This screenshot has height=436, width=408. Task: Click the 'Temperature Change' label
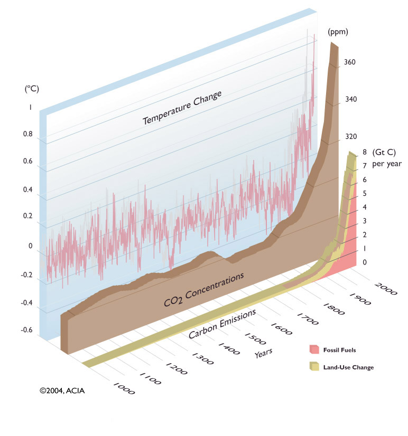pos(182,108)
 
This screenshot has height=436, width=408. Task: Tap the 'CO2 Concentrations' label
pos(203,290)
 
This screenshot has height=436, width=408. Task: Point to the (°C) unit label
pos(32,89)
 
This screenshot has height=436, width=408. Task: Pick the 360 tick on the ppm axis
pos(350,62)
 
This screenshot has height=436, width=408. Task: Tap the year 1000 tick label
pos(125,389)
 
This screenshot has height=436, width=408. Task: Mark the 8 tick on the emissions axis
pos(364,153)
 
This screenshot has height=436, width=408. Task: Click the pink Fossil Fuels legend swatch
pos(314,349)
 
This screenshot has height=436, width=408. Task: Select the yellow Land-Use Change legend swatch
pos(315,366)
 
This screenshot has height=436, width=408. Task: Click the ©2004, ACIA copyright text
pos(62,391)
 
